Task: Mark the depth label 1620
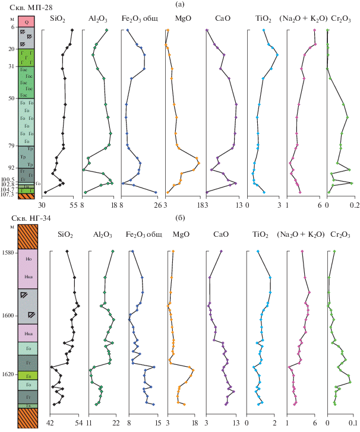[x=8, y=374]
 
